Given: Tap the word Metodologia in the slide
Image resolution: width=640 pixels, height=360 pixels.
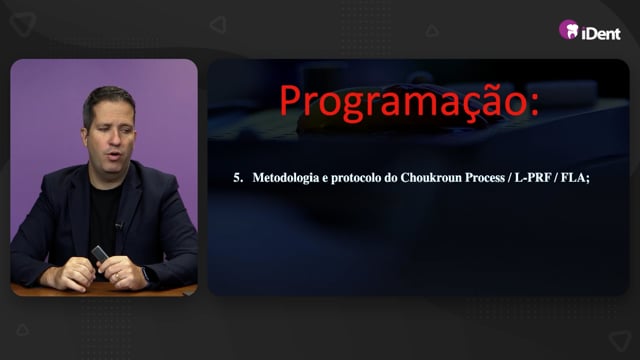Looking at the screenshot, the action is coord(286,178).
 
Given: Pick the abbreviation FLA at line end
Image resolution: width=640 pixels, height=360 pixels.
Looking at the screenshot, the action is coord(573,178).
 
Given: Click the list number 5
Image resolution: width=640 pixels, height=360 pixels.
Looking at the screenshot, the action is coord(238,178).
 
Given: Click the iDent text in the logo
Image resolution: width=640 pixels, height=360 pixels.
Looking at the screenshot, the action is coord(601,33).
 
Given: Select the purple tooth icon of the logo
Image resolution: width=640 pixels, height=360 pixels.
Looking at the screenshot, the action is coord(569,29).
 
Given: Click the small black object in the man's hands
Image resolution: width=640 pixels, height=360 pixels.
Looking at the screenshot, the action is coord(100,254).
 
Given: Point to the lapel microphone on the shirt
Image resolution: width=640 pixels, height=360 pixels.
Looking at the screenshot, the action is coord(119,225).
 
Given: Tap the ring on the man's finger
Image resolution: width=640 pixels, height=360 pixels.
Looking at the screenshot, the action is coord(117,276).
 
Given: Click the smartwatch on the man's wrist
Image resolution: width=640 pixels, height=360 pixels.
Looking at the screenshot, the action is coord(146,274).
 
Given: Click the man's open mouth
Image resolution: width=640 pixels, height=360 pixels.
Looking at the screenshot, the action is coord(114,155).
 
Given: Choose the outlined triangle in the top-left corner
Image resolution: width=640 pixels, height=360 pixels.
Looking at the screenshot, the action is coord(23,24).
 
